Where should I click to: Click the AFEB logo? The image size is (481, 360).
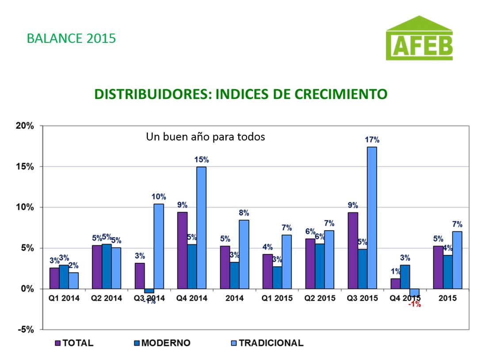(x=419, y=38)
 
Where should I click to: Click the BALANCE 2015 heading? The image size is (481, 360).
(x=71, y=38)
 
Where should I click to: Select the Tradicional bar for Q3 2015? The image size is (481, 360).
(x=372, y=217)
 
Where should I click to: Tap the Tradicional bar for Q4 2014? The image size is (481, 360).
(x=201, y=227)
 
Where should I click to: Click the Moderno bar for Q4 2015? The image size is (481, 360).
(x=405, y=277)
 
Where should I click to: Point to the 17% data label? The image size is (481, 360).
(x=372, y=140)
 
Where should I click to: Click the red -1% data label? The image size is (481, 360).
(x=415, y=304)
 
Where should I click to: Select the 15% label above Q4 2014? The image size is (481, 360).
(x=202, y=159)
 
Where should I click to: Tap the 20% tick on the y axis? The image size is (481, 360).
(x=25, y=126)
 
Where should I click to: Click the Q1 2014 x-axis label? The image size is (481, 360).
(x=64, y=298)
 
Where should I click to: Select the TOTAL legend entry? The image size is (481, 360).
(x=74, y=343)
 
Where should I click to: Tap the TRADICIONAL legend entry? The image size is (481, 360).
(x=267, y=343)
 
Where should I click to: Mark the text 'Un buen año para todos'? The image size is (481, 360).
(x=206, y=137)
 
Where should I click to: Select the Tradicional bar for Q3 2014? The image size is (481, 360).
(x=159, y=246)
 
